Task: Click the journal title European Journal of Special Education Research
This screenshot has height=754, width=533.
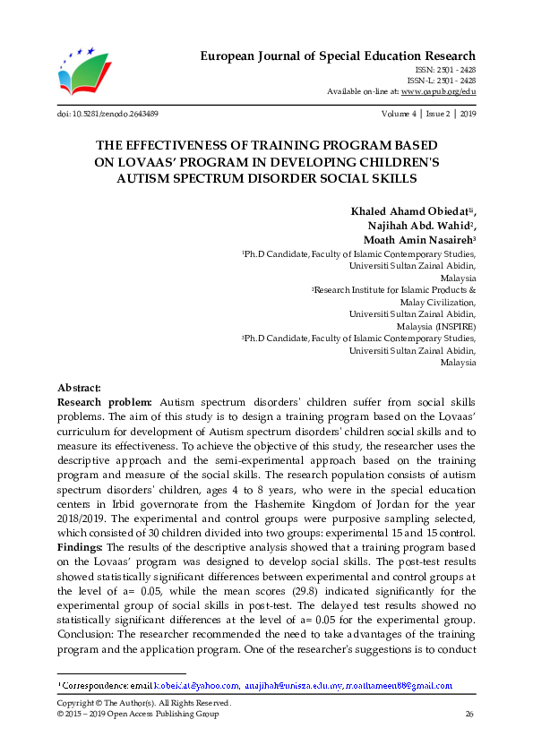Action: coord(337,56)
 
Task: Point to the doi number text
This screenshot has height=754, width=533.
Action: coord(107,115)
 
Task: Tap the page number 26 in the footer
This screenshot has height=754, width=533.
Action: coord(469,714)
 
